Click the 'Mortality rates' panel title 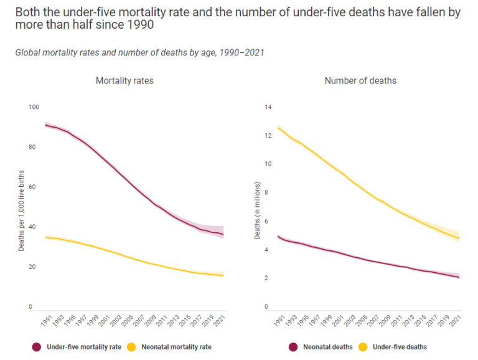coord(124,81)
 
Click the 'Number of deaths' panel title coord(360,81)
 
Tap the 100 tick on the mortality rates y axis coord(34,107)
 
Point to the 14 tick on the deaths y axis coord(268,107)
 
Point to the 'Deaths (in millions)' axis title coord(257,212)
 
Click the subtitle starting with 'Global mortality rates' coord(140,52)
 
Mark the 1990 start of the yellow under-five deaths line coord(278,127)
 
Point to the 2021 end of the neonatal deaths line coord(459,277)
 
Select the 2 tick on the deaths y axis coord(269,278)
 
